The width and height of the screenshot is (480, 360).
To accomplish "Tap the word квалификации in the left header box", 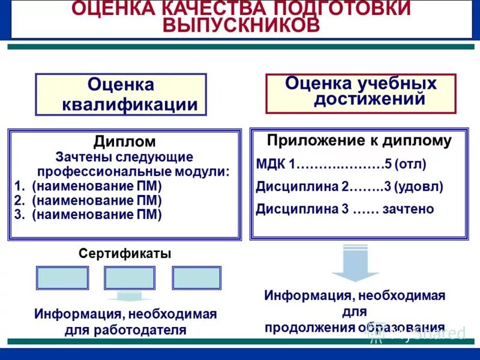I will pos(130,104).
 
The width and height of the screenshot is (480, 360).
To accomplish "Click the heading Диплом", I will pos(124,142).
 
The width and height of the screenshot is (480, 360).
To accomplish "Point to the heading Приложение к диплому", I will pos(359,141).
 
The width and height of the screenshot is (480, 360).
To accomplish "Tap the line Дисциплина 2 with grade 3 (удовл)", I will pos(349,187).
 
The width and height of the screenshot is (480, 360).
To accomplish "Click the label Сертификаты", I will pos(125,253).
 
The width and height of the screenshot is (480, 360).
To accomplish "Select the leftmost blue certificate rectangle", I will pos(62,278).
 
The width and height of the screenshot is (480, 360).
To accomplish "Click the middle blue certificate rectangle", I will pos(130,278).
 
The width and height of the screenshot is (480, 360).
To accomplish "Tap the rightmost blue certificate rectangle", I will pos(197,278).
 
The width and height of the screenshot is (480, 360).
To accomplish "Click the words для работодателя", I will pos(125,329).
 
